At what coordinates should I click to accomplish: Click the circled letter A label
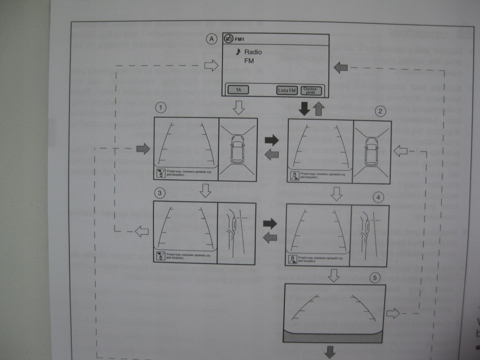click(212, 39)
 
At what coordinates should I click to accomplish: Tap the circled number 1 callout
click(161, 108)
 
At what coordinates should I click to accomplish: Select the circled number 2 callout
click(380, 111)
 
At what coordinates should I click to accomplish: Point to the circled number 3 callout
click(160, 193)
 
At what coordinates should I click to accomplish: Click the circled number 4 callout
click(378, 197)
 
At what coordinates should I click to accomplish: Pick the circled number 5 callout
click(375, 278)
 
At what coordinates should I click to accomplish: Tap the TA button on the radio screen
click(238, 90)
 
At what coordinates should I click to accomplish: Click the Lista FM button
click(287, 90)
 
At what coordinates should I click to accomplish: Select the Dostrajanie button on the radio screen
click(311, 90)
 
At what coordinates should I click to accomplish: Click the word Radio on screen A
click(253, 52)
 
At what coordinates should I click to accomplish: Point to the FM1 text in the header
click(239, 39)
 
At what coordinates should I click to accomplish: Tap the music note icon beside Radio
click(238, 52)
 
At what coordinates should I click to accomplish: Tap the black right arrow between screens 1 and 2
click(271, 140)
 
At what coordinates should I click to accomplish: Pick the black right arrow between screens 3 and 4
click(270, 223)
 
